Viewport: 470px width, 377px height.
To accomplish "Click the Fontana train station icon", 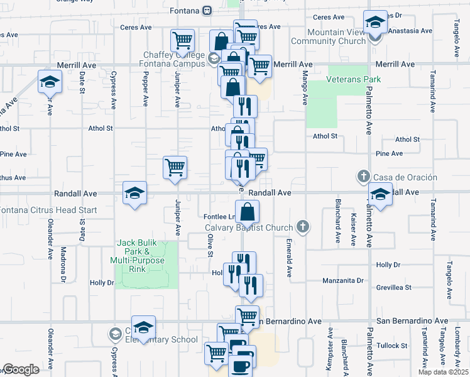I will [207, 11].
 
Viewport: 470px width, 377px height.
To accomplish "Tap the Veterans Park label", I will [354, 80].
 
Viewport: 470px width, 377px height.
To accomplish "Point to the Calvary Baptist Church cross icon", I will [303, 227].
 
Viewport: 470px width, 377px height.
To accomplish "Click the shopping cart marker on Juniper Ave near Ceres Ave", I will [182, 40].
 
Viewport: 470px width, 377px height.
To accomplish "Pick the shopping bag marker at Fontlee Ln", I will [248, 211].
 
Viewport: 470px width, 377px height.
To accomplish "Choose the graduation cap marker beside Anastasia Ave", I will [375, 23].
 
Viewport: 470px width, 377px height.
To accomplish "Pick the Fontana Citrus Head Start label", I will [48, 210].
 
